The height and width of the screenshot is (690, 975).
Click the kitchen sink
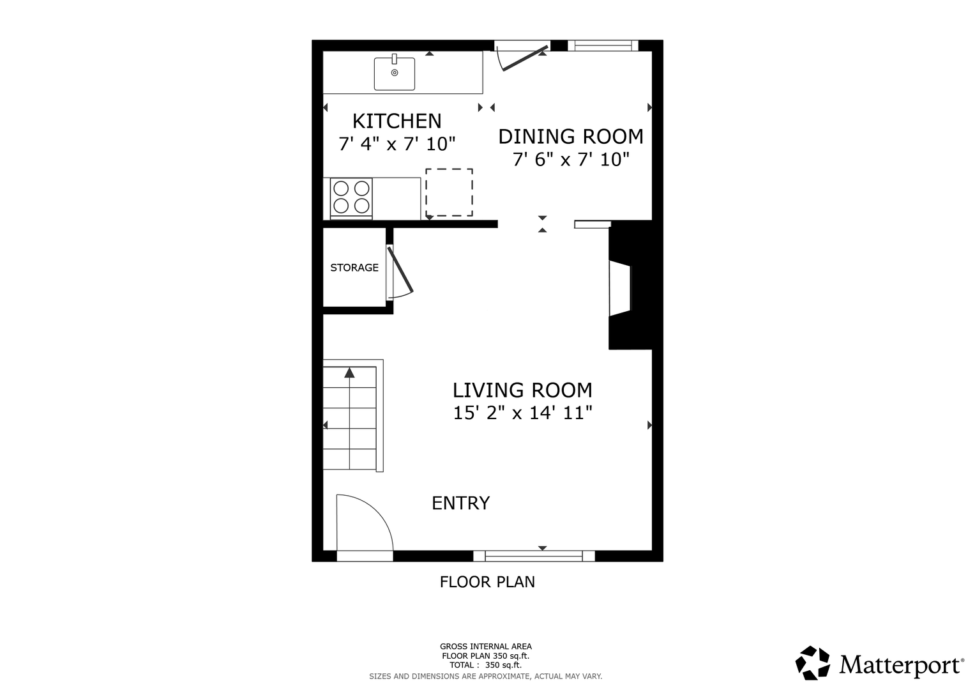pyautogui.click(x=395, y=73)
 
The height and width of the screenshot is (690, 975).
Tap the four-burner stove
pyautogui.click(x=351, y=197)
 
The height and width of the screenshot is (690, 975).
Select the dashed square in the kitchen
pyautogui.click(x=450, y=192)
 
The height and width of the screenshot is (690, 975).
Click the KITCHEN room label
pyautogui.click(x=397, y=121)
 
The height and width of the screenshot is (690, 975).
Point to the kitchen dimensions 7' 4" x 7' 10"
pyautogui.click(x=397, y=144)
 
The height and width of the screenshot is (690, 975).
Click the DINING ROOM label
pyautogui.click(x=571, y=136)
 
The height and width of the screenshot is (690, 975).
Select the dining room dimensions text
pyautogui.click(x=571, y=160)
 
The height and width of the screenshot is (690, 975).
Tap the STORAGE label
pyautogui.click(x=354, y=268)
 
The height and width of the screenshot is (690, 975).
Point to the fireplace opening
pyautogui.click(x=620, y=288)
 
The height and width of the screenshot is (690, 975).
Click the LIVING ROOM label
pyautogui.click(x=522, y=390)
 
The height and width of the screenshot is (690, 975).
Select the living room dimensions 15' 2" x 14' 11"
pyautogui.click(x=522, y=413)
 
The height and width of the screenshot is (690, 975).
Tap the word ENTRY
pyautogui.click(x=460, y=503)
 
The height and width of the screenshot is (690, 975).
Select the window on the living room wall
pyautogui.click(x=534, y=556)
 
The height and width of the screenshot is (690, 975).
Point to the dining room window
pyautogui.click(x=603, y=45)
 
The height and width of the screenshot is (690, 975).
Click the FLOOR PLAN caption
pyautogui.click(x=487, y=582)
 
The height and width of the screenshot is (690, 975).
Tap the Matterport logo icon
pyautogui.click(x=812, y=663)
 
